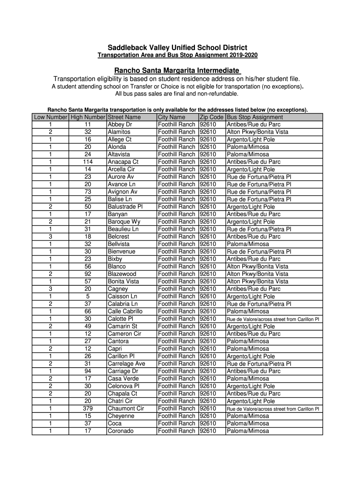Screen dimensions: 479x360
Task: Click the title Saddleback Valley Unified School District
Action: coord(177,48)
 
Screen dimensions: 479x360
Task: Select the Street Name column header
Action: coord(124,117)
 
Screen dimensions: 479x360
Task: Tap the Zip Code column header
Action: coord(211,117)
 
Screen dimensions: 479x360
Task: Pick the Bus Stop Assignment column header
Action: coord(254,117)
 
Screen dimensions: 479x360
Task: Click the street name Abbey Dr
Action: coord(120,124)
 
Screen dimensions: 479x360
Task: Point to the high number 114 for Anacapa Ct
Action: coord(87,162)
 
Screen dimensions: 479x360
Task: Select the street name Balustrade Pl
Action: coord(125,207)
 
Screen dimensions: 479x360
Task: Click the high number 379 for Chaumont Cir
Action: coord(87,408)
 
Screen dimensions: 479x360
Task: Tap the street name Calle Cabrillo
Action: coord(125,312)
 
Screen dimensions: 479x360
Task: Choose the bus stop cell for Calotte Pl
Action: coord(273,319)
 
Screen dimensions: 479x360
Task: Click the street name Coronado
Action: coord(121,431)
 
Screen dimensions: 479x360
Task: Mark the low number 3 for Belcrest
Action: coord(50,237)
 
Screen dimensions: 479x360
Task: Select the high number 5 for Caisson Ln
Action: coord(87,297)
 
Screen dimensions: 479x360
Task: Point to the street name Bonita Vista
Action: coord(123,282)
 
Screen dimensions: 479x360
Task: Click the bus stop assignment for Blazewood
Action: coord(257,274)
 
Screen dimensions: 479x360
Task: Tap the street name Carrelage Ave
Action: coord(126,363)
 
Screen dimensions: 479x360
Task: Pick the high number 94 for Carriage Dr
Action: coord(87,371)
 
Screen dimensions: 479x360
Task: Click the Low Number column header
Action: coord(50,117)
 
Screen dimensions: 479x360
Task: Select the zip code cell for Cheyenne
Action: coord(208,416)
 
